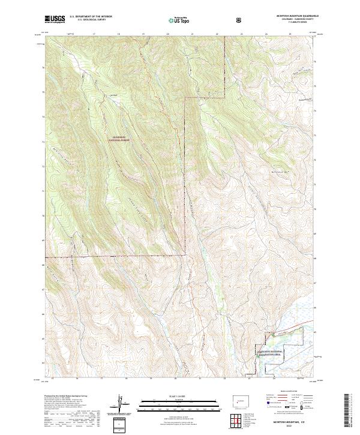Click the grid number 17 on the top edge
pos(95,35)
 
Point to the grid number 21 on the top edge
pos(192,35)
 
